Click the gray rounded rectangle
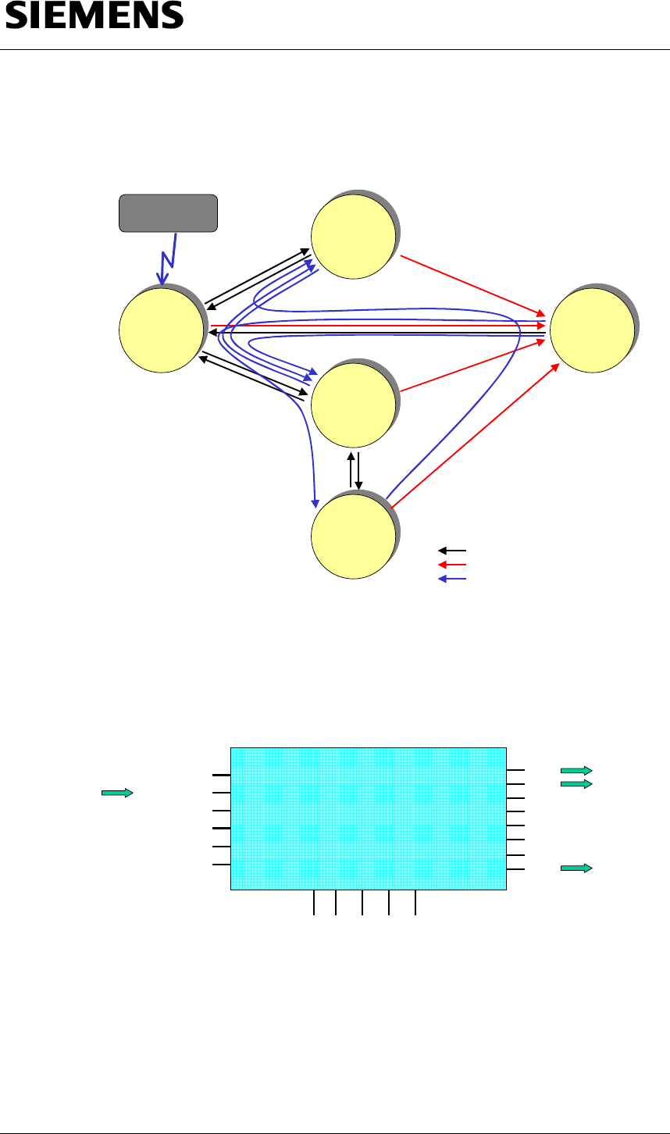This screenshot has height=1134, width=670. point(167,212)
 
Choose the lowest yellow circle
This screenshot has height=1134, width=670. point(353,536)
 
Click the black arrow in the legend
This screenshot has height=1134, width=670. point(452,551)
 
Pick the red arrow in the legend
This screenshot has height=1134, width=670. point(452,564)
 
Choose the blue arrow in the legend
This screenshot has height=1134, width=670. point(452,579)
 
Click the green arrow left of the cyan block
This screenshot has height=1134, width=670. point(117,793)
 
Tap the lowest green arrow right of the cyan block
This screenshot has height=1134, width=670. point(576,868)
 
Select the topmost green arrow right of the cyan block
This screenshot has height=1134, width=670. point(576,770)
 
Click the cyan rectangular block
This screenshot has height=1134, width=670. point(369,818)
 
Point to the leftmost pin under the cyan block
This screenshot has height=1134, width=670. point(314,901)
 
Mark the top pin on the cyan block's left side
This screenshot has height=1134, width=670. point(222,775)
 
